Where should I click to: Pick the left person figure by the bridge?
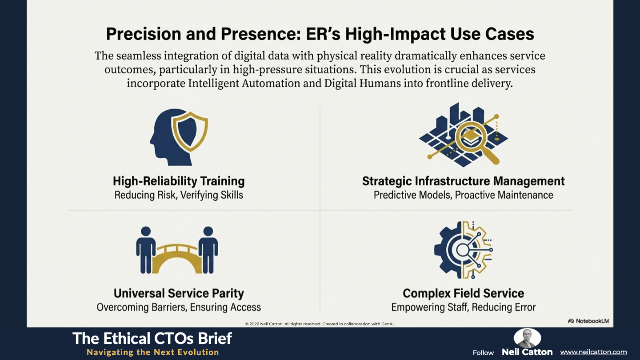point(146,250)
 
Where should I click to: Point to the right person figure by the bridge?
point(208,250)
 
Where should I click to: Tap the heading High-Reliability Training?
point(179,181)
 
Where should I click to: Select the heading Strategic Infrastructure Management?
point(464,181)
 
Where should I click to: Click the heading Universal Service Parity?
point(179,293)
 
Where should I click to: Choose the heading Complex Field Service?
point(464,293)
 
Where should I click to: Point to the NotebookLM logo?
point(588,321)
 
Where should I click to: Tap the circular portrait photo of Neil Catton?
point(527,338)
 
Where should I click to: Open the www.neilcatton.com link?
point(593,352)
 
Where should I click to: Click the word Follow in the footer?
point(483,353)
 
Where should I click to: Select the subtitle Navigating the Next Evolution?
point(153,352)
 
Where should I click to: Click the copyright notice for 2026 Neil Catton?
point(320,324)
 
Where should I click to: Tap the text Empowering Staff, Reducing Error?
point(464,308)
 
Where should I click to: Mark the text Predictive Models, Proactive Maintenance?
point(464,195)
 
